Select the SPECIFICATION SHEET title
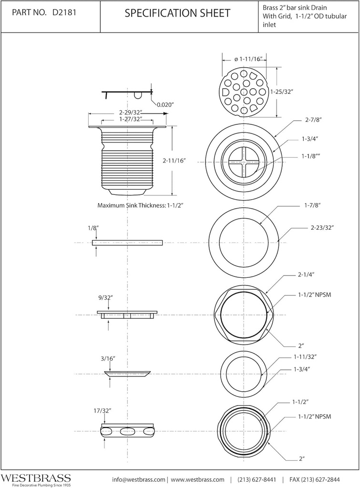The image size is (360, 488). [x=177, y=14]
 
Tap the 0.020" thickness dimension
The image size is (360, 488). [x=165, y=104]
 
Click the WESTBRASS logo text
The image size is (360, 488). [x=36, y=477]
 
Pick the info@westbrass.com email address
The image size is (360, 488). [x=139, y=479]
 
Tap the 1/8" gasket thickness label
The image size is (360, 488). [x=93, y=228]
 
